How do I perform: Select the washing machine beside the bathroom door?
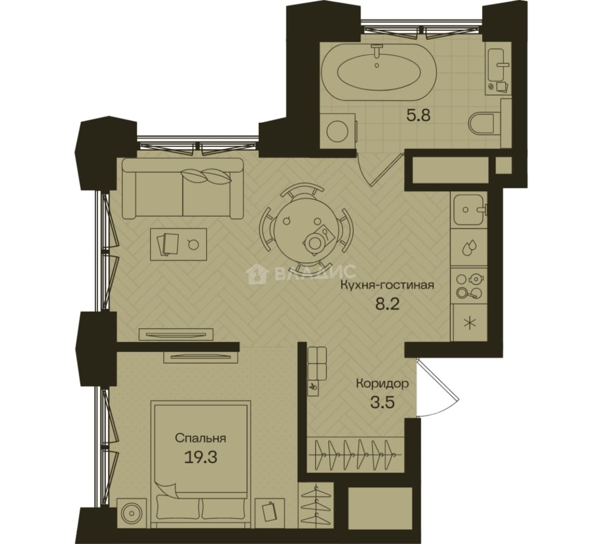(338, 130)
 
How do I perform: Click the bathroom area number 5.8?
(418, 115)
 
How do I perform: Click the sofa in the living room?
(183, 188)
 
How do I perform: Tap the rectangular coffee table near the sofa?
(178, 244)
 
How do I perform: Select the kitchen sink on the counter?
(468, 210)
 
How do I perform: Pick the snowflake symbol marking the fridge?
(469, 323)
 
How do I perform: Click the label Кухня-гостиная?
(388, 286)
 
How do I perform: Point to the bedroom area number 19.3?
(201, 457)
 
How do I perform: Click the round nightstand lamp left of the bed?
(132, 512)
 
